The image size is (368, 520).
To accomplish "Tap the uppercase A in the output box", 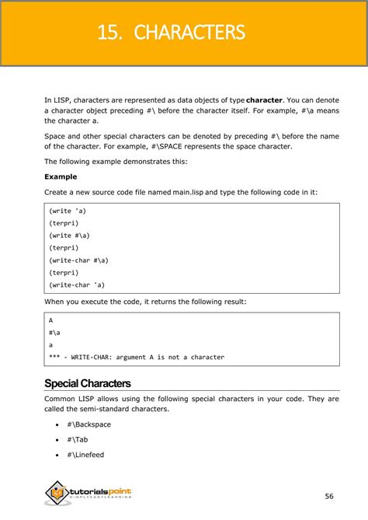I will point(50,319).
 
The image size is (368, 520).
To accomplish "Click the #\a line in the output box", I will point(54,332).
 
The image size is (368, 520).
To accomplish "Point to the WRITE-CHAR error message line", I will point(137,357).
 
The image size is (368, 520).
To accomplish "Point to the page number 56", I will point(329,496).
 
